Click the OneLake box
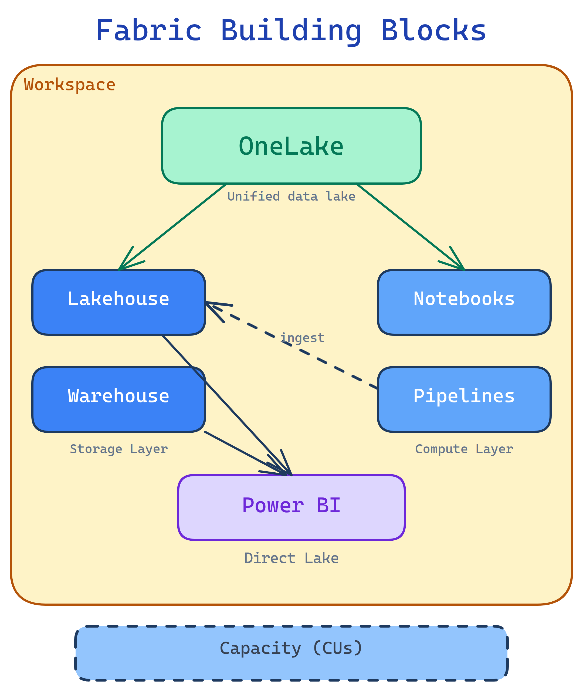coord(291,146)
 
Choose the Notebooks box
coord(464,302)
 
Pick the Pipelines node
coord(464,399)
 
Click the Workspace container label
coord(70,85)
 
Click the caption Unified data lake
coord(291,197)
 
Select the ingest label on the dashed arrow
coord(302,338)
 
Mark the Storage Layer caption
coord(119,449)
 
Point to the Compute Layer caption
coord(464,449)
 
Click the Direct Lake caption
coord(291,558)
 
